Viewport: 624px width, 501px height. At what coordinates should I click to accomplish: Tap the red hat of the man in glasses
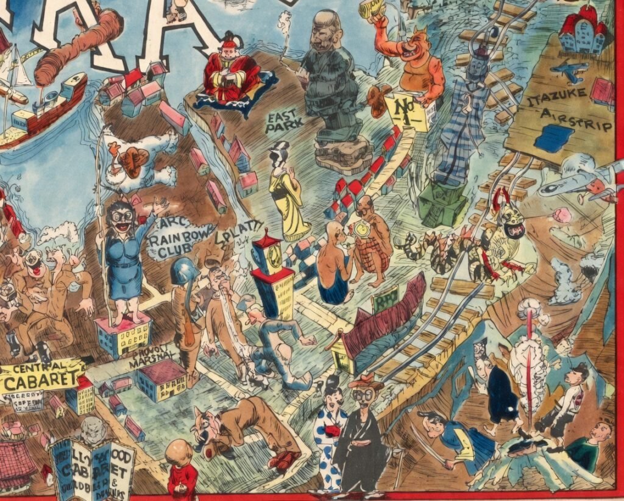366,384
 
